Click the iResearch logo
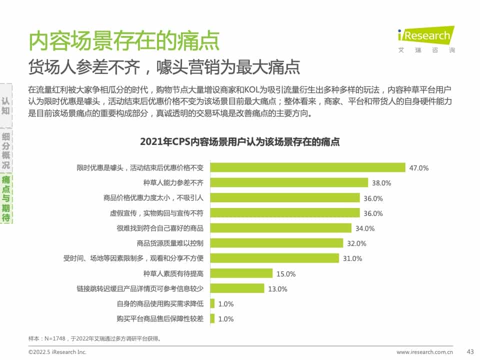point(426,36)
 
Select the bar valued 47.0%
point(307,167)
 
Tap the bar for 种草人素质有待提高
point(241,273)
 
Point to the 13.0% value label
point(277,289)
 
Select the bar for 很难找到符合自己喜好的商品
point(280,228)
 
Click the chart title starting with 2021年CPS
point(240,142)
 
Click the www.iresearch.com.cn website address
point(424,352)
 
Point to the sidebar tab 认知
point(6,104)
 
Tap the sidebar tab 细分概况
point(6,150)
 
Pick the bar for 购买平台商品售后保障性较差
point(212,318)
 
